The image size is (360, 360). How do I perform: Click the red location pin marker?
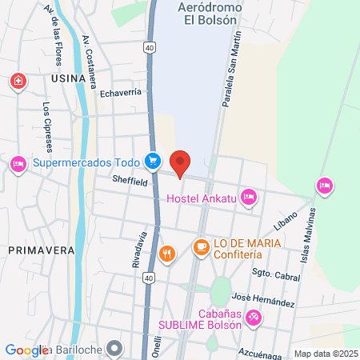click(x=181, y=162)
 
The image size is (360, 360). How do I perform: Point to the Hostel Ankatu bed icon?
click(x=249, y=194)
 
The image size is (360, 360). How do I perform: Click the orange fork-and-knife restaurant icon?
click(x=166, y=254)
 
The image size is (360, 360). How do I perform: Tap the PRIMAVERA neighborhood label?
click(x=41, y=250)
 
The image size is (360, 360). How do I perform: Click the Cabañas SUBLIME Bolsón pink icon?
click(x=254, y=317)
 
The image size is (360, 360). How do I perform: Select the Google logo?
click(x=26, y=350)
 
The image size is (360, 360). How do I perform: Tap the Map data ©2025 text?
click(x=326, y=353)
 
